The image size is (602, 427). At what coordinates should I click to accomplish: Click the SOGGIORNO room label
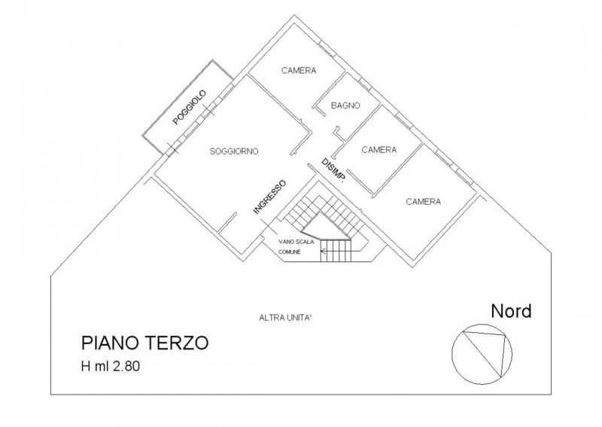pos(234,151)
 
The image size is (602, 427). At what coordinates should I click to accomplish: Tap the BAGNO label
pos(345,105)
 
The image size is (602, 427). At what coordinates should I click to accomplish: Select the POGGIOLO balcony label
pos(190,107)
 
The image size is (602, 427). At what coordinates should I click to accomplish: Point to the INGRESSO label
pos(269,197)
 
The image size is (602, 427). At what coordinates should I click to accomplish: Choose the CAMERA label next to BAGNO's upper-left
pos(299,70)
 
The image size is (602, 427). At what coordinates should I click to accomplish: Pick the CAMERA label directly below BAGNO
pos(379,150)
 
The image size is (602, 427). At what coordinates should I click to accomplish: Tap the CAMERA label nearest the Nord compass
pos(424,201)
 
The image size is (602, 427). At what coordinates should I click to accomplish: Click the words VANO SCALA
pos(296,242)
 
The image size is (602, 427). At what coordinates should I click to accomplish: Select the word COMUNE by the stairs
pos(290,252)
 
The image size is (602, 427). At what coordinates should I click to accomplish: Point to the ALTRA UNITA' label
pos(285,318)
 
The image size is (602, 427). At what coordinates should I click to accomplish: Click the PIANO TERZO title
pos(144,343)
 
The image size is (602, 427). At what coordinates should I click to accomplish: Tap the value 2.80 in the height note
pos(126,366)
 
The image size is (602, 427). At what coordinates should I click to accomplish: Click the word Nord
pos(512,310)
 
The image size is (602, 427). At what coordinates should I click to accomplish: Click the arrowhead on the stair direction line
pos(323,252)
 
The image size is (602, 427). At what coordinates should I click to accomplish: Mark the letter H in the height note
pos(85,366)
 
